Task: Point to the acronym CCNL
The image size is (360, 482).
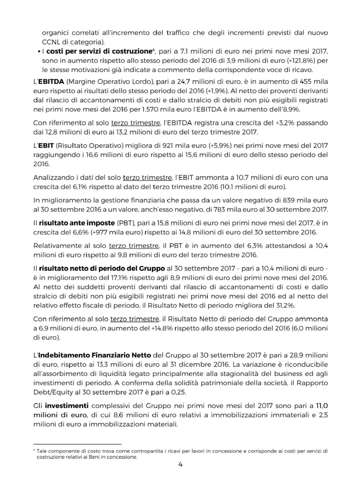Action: pos(51,42)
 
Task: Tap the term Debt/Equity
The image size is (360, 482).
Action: pos(51,392)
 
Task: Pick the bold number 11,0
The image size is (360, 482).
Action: pos(322,406)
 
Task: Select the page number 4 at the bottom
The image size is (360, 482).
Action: pos(180,464)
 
